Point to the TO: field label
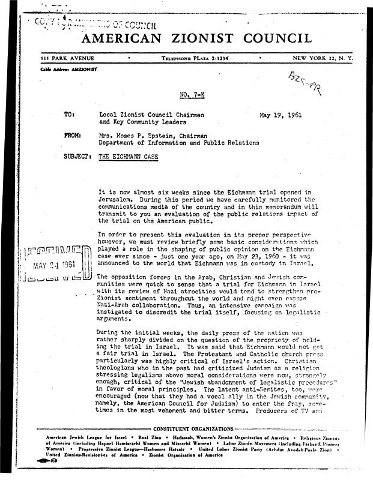pyautogui.click(x=70, y=113)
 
